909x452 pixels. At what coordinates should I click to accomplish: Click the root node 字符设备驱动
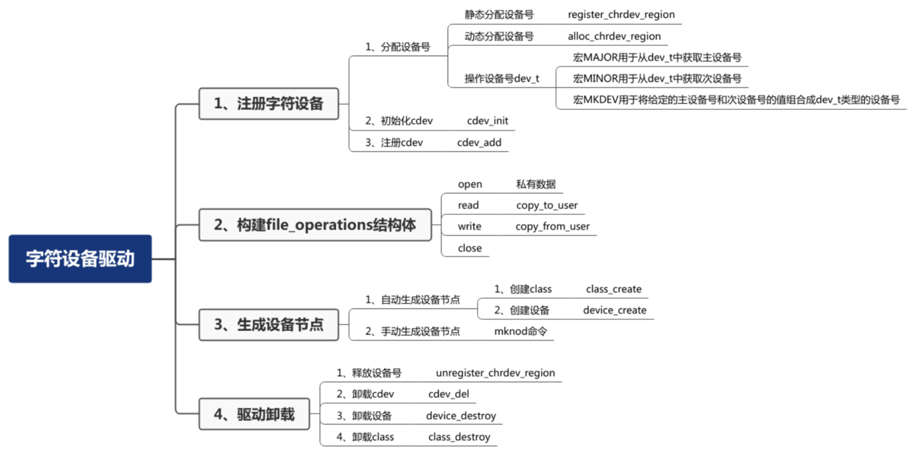(80, 258)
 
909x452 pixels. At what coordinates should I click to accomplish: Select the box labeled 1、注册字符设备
(269, 103)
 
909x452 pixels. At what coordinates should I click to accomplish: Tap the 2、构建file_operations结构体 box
(315, 225)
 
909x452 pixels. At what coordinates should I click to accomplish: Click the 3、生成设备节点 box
(269, 324)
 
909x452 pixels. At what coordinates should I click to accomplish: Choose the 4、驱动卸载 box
(254, 414)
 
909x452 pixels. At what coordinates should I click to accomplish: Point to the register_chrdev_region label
(621, 15)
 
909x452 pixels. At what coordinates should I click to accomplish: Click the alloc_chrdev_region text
(614, 36)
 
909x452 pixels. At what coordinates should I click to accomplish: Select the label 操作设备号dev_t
(502, 78)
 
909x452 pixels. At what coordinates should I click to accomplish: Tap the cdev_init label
(487, 120)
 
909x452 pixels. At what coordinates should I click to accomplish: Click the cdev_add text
(479, 142)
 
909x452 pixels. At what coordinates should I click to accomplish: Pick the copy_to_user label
(546, 205)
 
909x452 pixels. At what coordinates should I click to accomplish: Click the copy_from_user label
(552, 226)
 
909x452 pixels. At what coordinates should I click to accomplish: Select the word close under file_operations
(470, 248)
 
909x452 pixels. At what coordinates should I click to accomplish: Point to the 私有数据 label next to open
(535, 184)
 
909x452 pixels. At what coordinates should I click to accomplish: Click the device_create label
(614, 310)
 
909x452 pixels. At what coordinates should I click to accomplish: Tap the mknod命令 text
(520, 331)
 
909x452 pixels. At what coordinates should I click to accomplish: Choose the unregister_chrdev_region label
(495, 373)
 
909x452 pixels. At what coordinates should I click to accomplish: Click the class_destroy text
(459, 437)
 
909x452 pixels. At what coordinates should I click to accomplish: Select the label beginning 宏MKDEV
(736, 100)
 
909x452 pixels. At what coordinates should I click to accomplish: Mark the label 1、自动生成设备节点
(412, 299)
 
